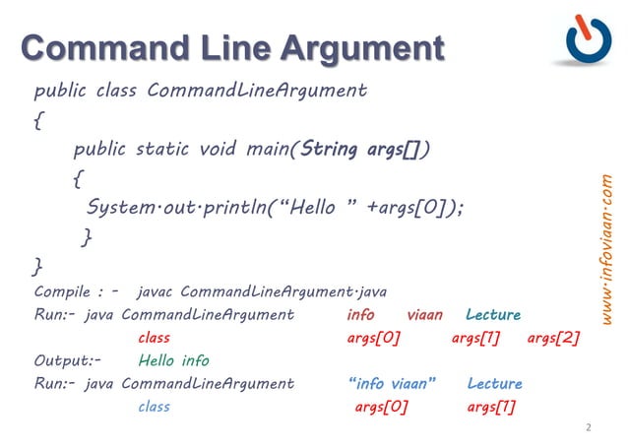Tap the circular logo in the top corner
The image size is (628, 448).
click(588, 39)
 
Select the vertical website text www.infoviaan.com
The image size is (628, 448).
click(607, 247)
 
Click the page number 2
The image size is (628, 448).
click(588, 427)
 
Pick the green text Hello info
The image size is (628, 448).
click(174, 360)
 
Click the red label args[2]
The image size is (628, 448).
click(553, 338)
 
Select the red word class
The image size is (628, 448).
click(155, 338)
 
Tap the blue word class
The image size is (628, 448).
click(155, 406)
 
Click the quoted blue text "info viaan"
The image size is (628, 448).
click(392, 383)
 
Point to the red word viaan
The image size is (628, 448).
click(424, 315)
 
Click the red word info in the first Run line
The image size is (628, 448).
click(360, 315)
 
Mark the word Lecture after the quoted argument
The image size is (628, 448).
click(495, 383)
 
